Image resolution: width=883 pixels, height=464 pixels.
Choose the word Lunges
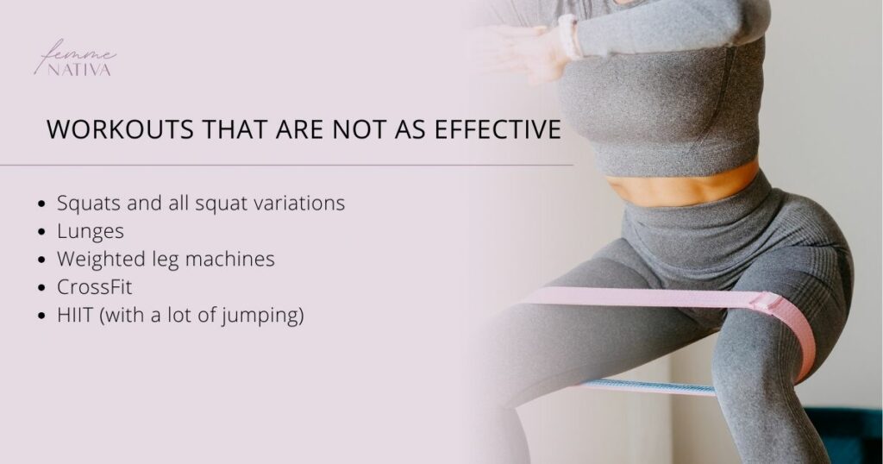pyautogui.click(x=91, y=232)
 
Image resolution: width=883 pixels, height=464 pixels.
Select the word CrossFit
pyautogui.click(x=94, y=287)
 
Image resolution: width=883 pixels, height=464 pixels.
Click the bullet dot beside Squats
pyautogui.click(x=43, y=205)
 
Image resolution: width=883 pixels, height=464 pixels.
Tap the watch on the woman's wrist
pyautogui.click(x=569, y=35)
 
